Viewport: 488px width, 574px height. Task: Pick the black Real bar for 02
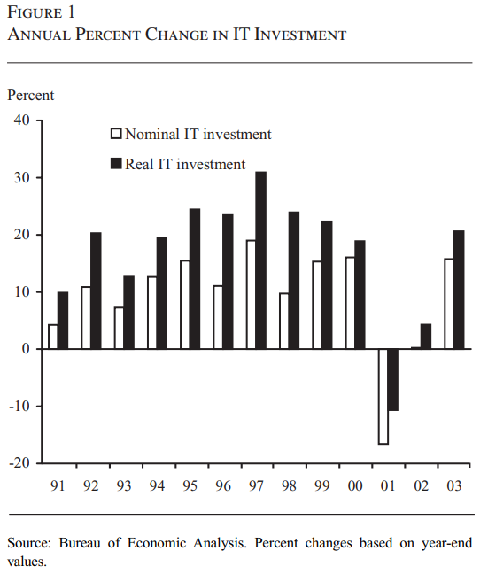pyautogui.click(x=426, y=337)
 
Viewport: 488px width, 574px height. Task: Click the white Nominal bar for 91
pyautogui.click(x=52, y=337)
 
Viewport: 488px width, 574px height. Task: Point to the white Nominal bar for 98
pyautogui.click(x=283, y=322)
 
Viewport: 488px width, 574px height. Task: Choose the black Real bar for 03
pyautogui.click(x=459, y=290)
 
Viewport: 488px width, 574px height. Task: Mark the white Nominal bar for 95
pyautogui.click(x=184, y=305)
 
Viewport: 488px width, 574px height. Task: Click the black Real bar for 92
pyautogui.click(x=96, y=291)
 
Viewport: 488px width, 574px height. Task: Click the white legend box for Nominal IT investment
pyautogui.click(x=115, y=135)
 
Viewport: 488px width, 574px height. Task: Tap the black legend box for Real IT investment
pyautogui.click(x=115, y=164)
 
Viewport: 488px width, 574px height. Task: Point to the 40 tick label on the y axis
pyautogui.click(x=22, y=120)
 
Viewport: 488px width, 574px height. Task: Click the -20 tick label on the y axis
pyautogui.click(x=19, y=463)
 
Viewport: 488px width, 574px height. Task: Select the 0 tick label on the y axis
pyautogui.click(x=27, y=349)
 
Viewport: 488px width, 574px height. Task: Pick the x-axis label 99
pyautogui.click(x=321, y=486)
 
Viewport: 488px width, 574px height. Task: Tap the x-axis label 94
pyautogui.click(x=156, y=486)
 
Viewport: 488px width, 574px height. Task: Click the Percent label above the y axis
pyautogui.click(x=30, y=96)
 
